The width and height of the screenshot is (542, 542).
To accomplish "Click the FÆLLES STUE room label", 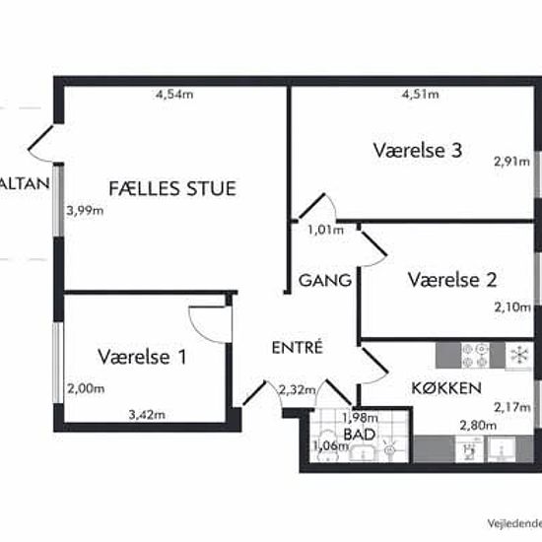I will (x=172, y=187).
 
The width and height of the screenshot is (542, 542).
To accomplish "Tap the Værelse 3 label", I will (x=418, y=151).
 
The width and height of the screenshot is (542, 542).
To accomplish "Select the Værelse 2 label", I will (x=451, y=280).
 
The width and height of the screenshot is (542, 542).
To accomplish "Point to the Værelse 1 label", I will (x=142, y=357).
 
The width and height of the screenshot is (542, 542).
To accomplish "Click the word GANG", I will (x=325, y=281).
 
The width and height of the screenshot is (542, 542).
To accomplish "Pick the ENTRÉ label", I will (x=298, y=347).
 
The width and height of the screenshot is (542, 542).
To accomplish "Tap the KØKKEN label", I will (x=446, y=387).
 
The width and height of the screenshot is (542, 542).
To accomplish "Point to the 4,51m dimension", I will (x=419, y=96).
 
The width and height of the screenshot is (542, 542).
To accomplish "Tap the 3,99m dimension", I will (x=85, y=210).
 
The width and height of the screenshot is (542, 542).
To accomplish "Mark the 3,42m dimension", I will (x=147, y=415).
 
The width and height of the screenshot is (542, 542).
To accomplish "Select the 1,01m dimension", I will (x=325, y=231).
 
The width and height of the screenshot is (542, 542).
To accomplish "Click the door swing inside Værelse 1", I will (x=210, y=322).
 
